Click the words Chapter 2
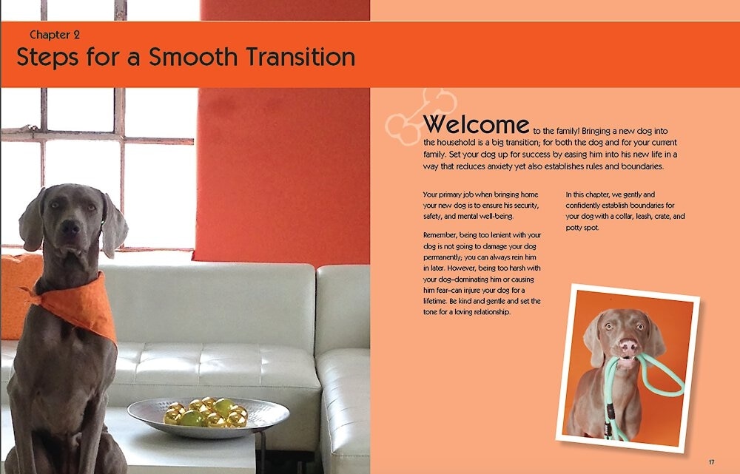click(55, 35)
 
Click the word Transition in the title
click(300, 57)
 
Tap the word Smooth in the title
click(193, 57)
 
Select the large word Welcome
click(476, 124)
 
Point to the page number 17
click(711, 461)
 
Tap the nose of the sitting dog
click(70, 228)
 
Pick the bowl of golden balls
click(208, 416)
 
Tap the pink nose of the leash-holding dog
click(628, 347)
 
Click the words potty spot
click(582, 228)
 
